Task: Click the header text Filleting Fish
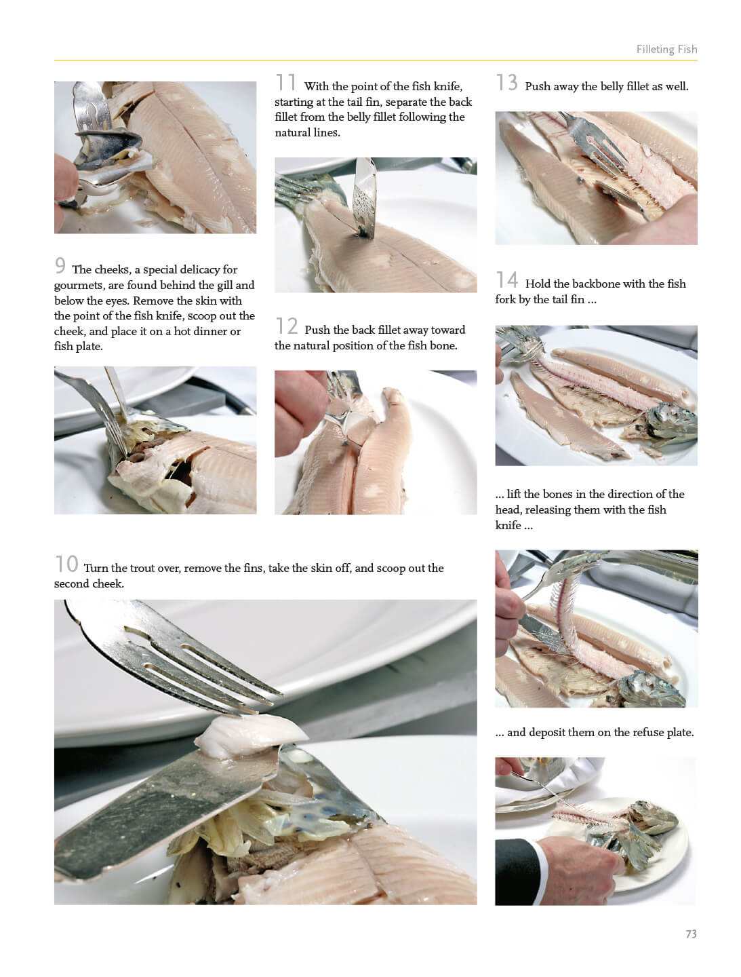click(666, 49)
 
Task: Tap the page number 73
click(691, 934)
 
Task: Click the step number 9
click(60, 265)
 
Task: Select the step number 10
click(66, 564)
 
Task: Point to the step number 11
click(285, 82)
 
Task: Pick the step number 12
click(287, 326)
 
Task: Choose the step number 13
click(506, 82)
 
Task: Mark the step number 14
click(507, 280)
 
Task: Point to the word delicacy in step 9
click(195, 270)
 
